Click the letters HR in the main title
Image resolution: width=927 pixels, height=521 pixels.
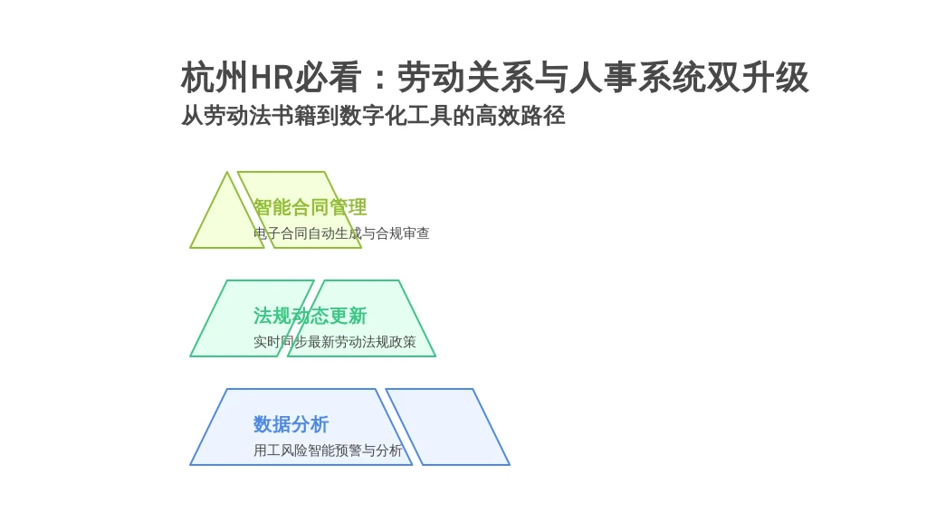point(272,78)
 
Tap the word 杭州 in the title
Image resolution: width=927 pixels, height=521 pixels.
point(215,78)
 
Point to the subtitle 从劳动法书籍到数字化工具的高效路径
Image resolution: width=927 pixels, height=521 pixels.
point(373,115)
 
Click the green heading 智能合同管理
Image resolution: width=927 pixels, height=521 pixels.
point(311,207)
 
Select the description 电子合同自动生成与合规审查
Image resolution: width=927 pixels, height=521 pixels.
point(341,233)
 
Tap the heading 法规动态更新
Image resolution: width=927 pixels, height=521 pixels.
point(311,316)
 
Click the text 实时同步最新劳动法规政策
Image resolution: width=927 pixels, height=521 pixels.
point(335,342)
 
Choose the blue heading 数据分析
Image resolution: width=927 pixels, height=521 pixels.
point(291,424)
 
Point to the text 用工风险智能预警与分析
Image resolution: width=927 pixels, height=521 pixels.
point(328,450)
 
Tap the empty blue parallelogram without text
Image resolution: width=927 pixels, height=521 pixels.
point(447,427)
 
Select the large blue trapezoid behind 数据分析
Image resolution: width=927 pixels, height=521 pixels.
point(301,427)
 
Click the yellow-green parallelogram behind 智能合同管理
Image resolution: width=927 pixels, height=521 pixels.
point(300,210)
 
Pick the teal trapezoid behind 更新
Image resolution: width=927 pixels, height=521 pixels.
point(362,318)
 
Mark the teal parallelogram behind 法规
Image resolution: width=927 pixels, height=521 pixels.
point(252,318)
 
